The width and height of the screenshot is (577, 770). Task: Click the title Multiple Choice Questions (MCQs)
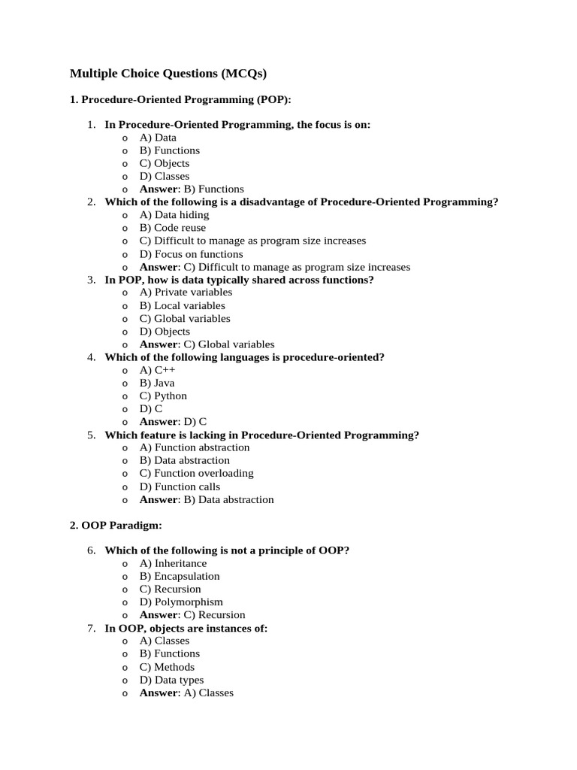pos(168,74)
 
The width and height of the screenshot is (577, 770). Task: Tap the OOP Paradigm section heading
pos(116,525)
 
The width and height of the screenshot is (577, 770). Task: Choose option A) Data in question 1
pos(158,138)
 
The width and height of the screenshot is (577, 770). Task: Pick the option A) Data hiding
pos(174,215)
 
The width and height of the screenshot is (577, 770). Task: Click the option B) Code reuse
pos(172,228)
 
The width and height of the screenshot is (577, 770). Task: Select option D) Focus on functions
pos(191,254)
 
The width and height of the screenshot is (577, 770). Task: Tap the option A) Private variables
pos(186,293)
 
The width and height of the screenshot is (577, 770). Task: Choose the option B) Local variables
pos(182,306)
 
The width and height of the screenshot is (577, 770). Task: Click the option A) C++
pos(156,370)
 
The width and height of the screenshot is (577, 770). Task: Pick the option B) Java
pos(156,383)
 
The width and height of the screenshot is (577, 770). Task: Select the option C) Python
pos(163,396)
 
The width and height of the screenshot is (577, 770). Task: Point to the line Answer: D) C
pos(173,422)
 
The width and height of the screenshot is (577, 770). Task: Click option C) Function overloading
pos(196,473)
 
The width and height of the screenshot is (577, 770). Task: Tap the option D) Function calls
pos(180,487)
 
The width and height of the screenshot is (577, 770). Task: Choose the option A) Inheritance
pos(173,563)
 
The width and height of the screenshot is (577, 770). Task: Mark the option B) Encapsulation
pos(180,576)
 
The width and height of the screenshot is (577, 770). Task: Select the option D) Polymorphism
pos(181,602)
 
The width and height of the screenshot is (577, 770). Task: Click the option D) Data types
pos(171,680)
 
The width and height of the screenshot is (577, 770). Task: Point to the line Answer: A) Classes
pos(186,693)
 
